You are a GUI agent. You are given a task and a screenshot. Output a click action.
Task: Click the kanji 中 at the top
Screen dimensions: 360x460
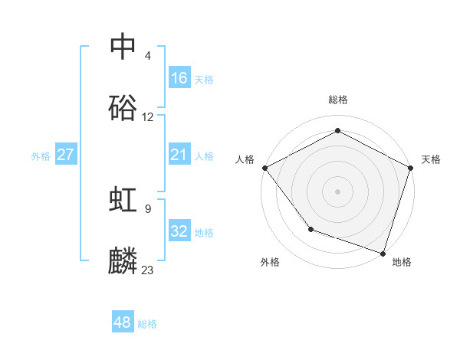pyautogui.click(x=123, y=47)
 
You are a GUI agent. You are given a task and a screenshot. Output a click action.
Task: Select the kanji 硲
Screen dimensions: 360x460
pyautogui.click(x=123, y=108)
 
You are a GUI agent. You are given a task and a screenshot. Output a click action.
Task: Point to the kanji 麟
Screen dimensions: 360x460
pyautogui.click(x=123, y=260)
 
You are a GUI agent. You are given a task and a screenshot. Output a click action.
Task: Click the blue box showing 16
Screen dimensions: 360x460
pyautogui.click(x=179, y=78)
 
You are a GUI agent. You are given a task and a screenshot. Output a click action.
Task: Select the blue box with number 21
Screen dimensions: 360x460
pyautogui.click(x=179, y=155)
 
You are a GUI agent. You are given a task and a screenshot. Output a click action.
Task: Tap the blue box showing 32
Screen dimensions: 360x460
pyautogui.click(x=179, y=231)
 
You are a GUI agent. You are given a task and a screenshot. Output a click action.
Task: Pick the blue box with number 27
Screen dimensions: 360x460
pyautogui.click(x=66, y=155)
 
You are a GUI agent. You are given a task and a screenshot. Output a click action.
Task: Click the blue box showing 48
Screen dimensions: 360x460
pyautogui.click(x=123, y=322)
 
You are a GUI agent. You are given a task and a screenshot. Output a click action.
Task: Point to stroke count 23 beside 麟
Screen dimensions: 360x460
pyautogui.click(x=148, y=270)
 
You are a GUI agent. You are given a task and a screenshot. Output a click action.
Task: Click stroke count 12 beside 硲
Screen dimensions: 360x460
pyautogui.click(x=148, y=117)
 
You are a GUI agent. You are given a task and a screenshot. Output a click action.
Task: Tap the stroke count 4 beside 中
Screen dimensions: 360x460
pyautogui.click(x=148, y=56)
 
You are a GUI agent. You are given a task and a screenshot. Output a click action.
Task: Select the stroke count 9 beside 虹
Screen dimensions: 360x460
pyautogui.click(x=148, y=208)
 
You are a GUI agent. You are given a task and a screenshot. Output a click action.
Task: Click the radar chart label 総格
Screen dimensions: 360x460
pyautogui.click(x=338, y=100)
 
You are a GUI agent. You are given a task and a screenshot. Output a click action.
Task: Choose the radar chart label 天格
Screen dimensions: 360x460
pyautogui.click(x=431, y=159)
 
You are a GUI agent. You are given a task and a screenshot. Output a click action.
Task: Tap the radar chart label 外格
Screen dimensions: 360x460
pyautogui.click(x=270, y=262)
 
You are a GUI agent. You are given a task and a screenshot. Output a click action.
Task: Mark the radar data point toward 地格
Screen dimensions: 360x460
pyautogui.click(x=383, y=252)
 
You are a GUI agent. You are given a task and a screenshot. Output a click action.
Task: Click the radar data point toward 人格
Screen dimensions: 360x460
pyautogui.click(x=264, y=168)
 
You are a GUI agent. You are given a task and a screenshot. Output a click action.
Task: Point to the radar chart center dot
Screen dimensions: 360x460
pyautogui.click(x=338, y=191)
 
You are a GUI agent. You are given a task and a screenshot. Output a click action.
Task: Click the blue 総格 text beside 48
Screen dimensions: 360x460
pyautogui.click(x=147, y=324)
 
